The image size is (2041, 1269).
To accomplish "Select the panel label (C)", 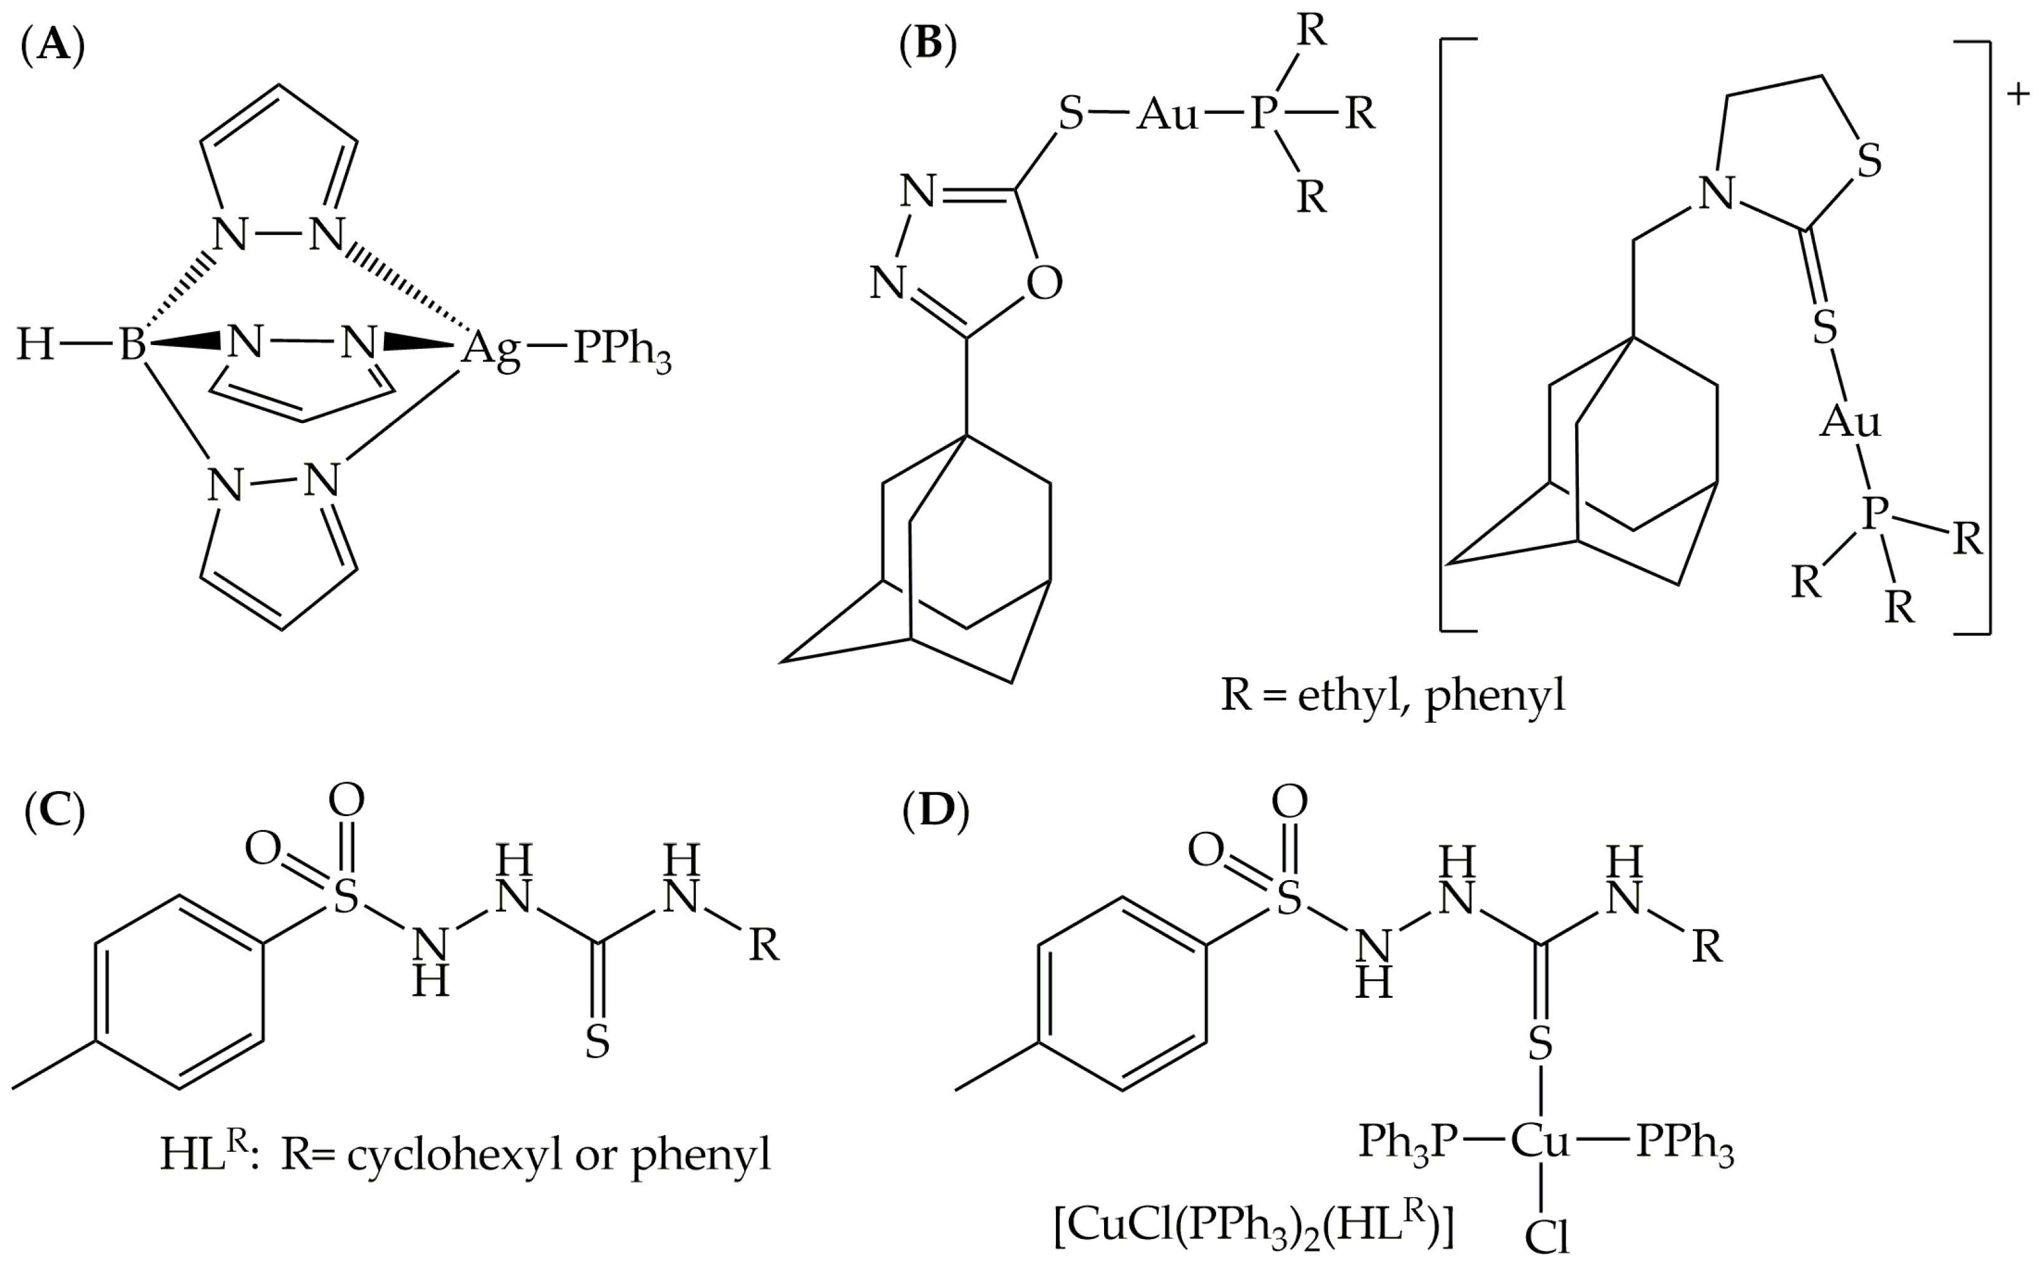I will [x=54, y=814].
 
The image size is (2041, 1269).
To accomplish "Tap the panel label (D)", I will [x=936, y=814].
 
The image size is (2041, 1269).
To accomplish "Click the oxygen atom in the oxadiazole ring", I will [x=1044, y=284].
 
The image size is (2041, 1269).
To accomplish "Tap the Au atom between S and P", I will [x=1167, y=113].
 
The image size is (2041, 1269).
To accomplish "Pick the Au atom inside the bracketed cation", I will [x=1849, y=422].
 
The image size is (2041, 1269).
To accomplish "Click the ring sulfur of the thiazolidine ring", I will [x=1869, y=160].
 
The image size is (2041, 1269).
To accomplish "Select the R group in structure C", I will [x=763, y=946].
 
